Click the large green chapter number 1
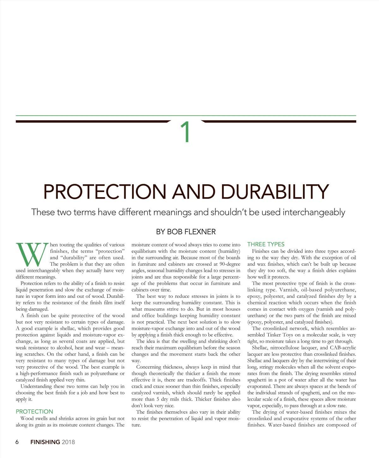[x=186, y=133]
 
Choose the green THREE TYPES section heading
[x=266, y=244]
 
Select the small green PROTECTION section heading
[x=34, y=412]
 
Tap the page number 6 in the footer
[x=17, y=442]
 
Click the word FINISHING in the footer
[x=45, y=442]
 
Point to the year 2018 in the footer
[x=68, y=442]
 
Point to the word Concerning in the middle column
[x=148, y=367]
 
